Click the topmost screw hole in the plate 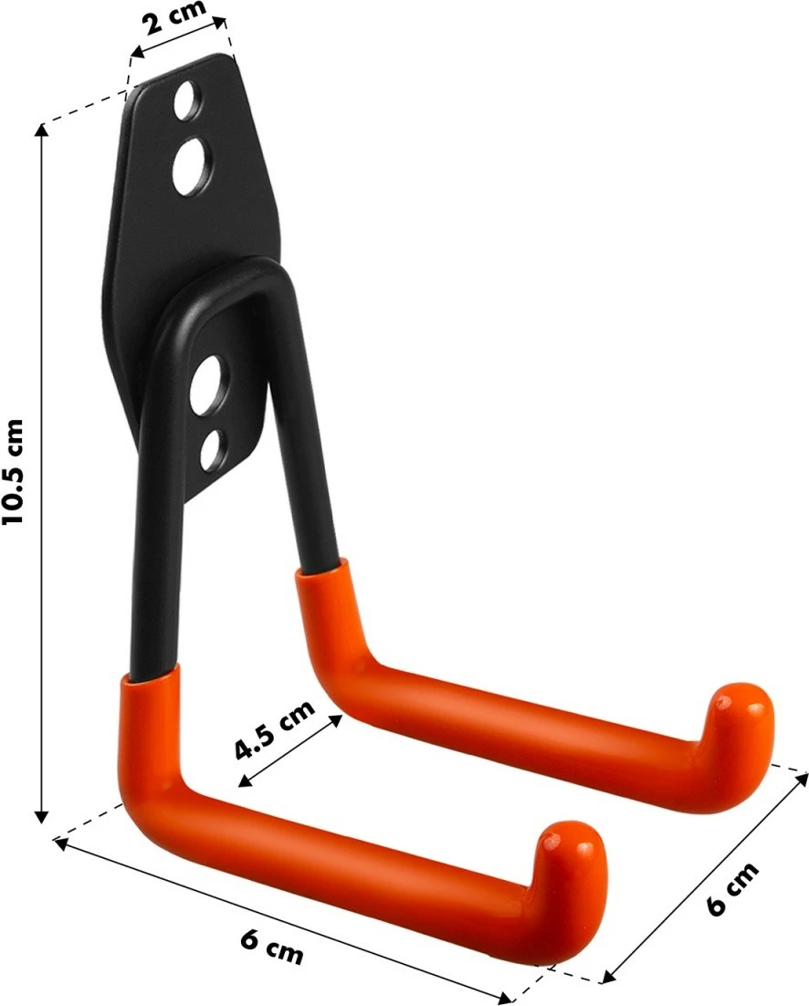coord(188,100)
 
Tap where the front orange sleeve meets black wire coord(152,676)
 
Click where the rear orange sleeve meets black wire coord(319,566)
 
